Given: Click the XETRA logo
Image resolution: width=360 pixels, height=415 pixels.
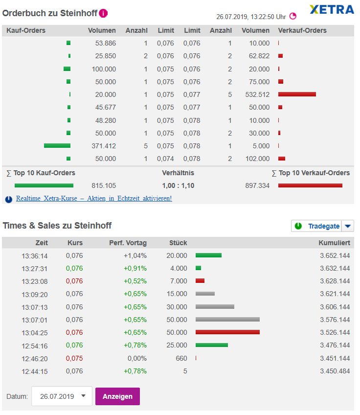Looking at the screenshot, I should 332,9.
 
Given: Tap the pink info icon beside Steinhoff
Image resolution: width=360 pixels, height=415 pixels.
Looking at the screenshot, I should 103,13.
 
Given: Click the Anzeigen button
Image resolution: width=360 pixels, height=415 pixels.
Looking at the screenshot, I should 117,396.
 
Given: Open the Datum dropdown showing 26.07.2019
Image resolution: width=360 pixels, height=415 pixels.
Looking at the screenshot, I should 62,396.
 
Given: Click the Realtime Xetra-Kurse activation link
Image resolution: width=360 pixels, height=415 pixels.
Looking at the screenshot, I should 94,199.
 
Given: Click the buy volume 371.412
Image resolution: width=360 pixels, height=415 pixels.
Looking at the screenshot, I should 104,146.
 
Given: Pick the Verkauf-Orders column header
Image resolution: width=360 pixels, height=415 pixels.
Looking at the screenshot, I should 302,30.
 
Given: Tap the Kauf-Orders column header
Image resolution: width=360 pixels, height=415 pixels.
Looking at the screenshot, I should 26,30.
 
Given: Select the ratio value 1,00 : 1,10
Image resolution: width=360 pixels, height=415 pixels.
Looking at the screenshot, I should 179,185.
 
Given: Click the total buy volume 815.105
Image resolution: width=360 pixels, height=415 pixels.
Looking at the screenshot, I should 104,185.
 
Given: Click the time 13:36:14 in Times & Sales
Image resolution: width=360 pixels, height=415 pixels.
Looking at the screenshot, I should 35,255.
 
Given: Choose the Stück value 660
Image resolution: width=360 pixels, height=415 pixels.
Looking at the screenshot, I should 181,358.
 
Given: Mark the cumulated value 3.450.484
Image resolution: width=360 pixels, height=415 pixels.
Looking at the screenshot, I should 335,371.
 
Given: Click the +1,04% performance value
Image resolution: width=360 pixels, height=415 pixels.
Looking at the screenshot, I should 135,255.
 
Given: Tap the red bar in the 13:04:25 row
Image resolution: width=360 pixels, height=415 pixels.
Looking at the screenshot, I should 227,332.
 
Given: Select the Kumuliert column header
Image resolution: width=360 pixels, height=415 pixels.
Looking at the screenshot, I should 334,243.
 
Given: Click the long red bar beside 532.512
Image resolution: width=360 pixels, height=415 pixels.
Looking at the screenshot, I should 297,94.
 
